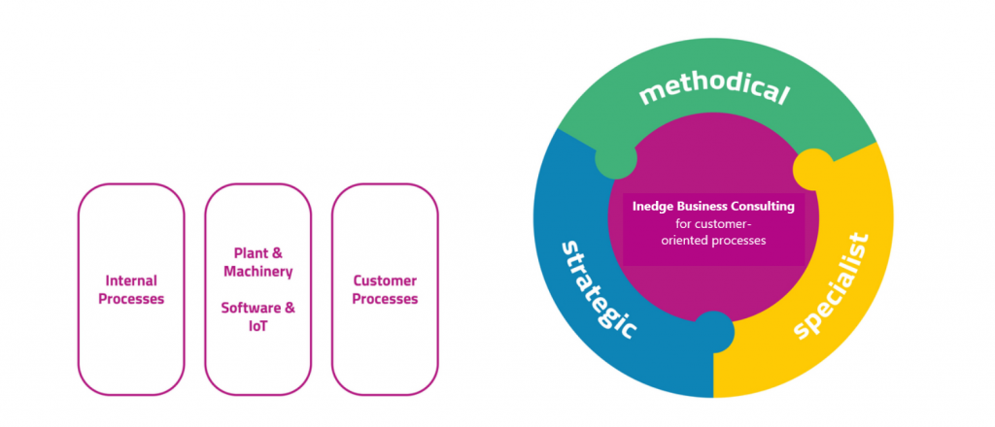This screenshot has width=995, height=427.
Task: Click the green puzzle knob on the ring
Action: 616,158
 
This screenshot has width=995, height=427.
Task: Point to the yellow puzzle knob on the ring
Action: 812,170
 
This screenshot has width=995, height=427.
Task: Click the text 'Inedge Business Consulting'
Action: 713,207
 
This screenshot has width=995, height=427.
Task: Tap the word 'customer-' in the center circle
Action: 714,223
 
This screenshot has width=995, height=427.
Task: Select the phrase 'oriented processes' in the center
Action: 714,240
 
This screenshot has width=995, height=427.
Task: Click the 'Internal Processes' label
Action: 131,289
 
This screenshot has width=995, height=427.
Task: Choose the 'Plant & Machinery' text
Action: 257,262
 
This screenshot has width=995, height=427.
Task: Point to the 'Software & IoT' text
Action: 257,316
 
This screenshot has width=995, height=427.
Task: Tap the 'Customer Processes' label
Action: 385,289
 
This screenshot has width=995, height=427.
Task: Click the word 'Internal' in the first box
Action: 131,280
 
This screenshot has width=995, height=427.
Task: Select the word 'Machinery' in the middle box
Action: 257,271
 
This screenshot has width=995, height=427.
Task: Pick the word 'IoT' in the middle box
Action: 257,326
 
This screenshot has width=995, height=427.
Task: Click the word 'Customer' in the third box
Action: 385,280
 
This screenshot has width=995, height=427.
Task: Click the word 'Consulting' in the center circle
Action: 766,207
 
